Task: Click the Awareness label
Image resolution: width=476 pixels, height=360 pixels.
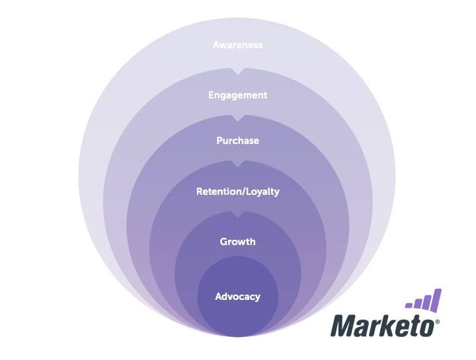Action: point(237,45)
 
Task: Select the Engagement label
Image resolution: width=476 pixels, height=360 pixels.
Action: point(237,95)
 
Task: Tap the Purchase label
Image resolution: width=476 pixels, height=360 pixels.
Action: point(237,141)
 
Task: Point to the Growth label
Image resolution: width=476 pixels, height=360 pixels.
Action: point(237,242)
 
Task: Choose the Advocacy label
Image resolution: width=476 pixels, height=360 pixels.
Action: point(237,297)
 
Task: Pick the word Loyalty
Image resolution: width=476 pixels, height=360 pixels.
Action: point(262,192)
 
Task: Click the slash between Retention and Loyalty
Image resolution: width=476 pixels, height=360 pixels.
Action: point(244,192)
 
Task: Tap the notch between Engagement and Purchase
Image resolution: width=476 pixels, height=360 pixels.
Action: point(237,118)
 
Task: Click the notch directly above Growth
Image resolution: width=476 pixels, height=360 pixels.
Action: point(237,215)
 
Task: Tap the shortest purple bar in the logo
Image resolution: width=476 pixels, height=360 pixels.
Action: point(409,305)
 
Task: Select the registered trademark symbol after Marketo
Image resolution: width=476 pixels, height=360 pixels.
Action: point(437,322)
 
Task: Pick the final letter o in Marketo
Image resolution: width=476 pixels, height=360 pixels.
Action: point(426,326)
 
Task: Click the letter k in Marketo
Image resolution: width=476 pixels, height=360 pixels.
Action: point(387,326)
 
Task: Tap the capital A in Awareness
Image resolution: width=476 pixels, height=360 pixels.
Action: point(216,45)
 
